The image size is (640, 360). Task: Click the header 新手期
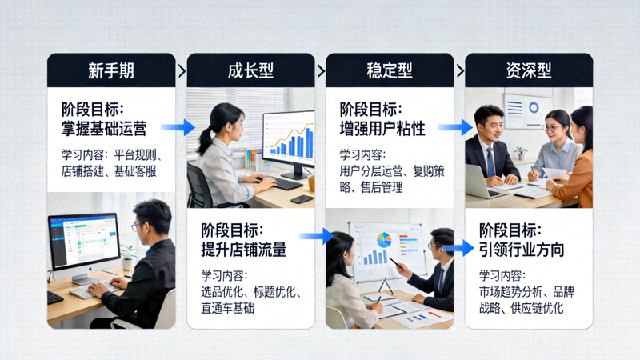110,70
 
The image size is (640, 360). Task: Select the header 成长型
250,70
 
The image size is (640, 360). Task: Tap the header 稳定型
390,70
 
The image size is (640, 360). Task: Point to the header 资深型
529,70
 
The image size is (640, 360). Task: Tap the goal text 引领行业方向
522,249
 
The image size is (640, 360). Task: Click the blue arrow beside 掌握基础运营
178,126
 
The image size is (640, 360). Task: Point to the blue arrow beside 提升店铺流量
316,235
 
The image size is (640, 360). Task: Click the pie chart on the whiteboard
385,239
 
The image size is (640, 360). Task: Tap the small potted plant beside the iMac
128,257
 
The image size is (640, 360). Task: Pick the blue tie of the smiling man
490,161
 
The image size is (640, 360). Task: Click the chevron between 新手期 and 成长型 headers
181,70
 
